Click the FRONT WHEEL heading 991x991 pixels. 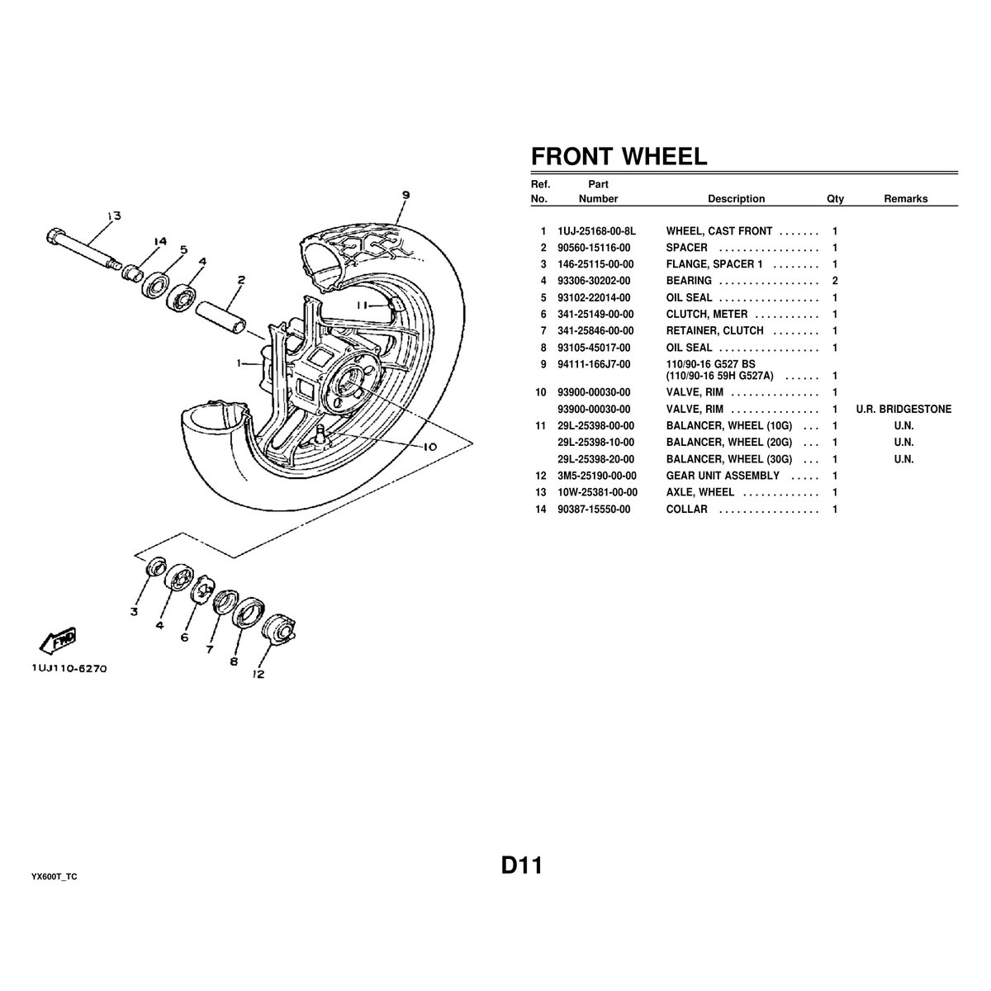pos(619,157)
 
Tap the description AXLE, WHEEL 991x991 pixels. pos(699,493)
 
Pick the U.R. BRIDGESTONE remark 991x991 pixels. pos(903,410)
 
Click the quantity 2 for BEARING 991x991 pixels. pos(835,282)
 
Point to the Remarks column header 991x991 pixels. pos(905,199)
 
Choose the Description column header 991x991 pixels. pos(736,199)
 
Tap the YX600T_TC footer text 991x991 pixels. pos(55,877)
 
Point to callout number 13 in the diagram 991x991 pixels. pos(112,216)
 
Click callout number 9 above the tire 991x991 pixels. pos(405,196)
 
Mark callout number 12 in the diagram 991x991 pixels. pos(258,673)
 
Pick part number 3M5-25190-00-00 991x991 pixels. pos(597,477)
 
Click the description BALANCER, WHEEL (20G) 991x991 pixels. pos(728,443)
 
